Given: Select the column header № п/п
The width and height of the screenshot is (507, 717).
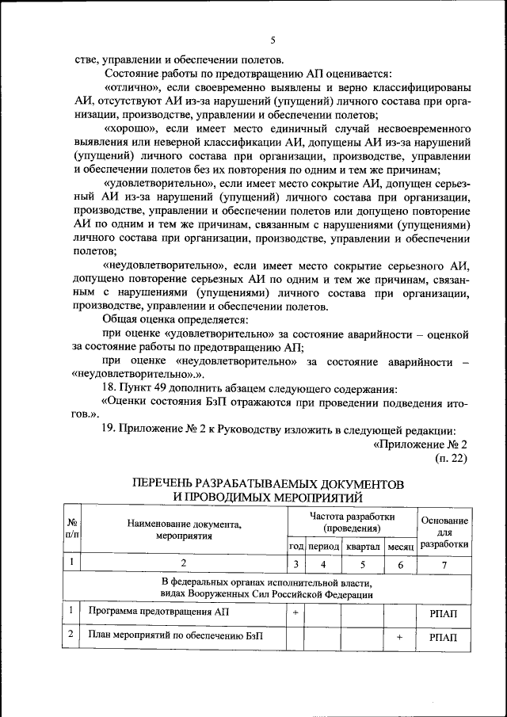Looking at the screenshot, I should [71, 529].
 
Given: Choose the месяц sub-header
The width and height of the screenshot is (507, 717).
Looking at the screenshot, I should [400, 547].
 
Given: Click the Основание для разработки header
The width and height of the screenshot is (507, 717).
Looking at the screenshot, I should [444, 532].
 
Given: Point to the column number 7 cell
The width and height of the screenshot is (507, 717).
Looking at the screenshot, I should [444, 565].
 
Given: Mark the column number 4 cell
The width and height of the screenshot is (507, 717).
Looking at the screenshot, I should [323, 565].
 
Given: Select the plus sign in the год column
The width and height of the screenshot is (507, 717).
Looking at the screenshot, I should [295, 612].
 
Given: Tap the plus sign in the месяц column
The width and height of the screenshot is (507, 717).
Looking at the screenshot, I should [400, 636].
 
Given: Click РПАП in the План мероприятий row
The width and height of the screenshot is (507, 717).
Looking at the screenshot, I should [444, 636].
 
